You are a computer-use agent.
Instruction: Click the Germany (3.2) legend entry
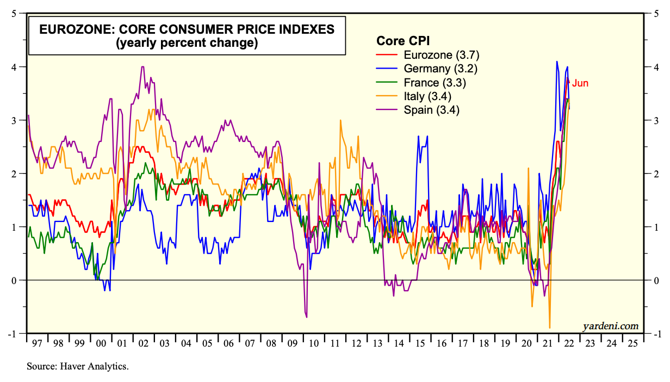coord(435,69)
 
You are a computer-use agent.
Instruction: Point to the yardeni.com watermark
coord(610,326)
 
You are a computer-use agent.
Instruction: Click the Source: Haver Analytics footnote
coord(78,366)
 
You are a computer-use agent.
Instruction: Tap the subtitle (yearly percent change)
coord(187,43)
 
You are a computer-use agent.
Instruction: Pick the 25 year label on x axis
coord(632,344)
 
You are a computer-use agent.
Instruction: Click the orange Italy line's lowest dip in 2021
coord(550,328)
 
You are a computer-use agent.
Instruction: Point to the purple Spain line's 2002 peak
coord(142,67)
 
